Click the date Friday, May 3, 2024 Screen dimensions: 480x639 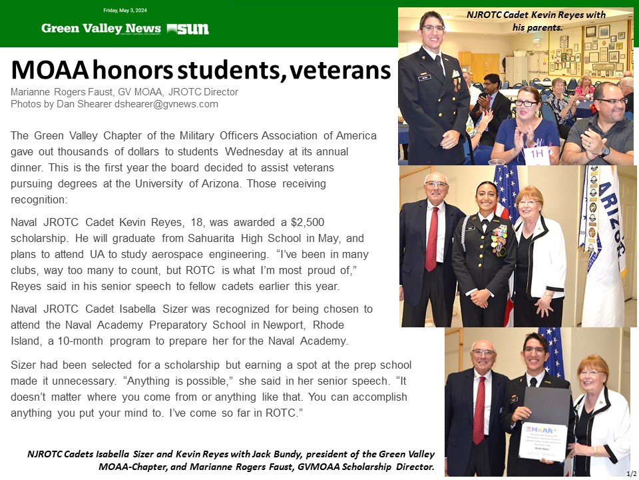pyautogui.click(x=125, y=11)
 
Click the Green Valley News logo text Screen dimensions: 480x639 pyautogui.click(x=101, y=29)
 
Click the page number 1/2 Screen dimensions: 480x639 pyautogui.click(x=631, y=473)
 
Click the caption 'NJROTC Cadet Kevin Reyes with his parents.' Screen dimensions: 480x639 pyautogui.click(x=536, y=21)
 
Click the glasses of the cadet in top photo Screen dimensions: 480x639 pyautogui.click(x=433, y=29)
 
